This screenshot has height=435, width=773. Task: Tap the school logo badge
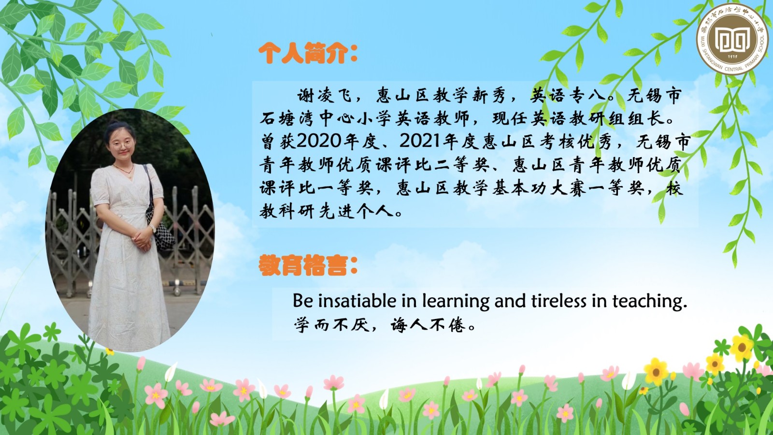point(732,38)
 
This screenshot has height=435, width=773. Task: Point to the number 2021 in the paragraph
point(421,141)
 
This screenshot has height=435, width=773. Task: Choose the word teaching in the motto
point(649,302)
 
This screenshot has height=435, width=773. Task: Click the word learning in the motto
point(456,302)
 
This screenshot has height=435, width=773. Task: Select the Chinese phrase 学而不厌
point(331,325)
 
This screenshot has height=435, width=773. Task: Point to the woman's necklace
point(124,170)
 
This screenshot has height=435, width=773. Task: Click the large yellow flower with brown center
point(656,372)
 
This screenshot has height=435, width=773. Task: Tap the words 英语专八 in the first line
point(568,96)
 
